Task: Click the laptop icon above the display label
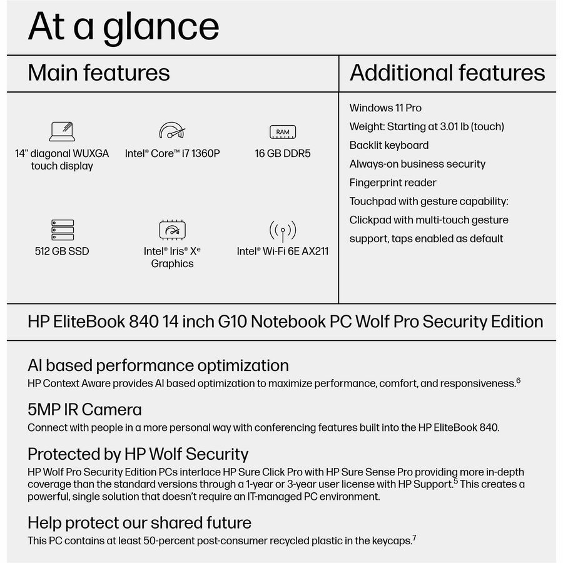coord(62,131)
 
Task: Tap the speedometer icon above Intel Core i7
coord(172,130)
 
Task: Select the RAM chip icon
coord(283,132)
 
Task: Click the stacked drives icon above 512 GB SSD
coord(63,230)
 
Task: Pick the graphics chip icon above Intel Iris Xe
coord(173,230)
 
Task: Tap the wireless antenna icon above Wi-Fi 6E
coord(283,231)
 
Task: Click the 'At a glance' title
coord(123,27)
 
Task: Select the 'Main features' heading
coord(99,73)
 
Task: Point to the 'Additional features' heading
coord(447,73)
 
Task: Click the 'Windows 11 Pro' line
coord(385,108)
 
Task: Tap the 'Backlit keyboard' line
coord(389,145)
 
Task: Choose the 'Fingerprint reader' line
coord(393,183)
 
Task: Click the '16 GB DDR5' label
coord(283,153)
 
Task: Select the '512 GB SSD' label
coord(62,251)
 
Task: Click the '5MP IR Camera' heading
coord(84,410)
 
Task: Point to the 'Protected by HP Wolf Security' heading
coord(138,454)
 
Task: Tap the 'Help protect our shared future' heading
coord(139,523)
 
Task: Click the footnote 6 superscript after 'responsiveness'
coord(519,380)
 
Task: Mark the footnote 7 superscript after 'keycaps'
coord(414,538)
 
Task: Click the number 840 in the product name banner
coord(144,322)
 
